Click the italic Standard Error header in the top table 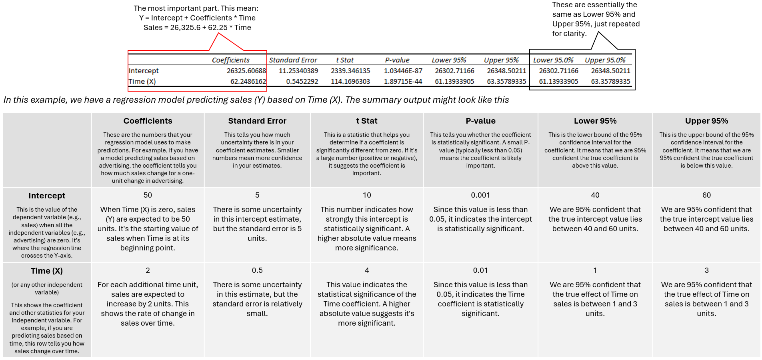[293, 60]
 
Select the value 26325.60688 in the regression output [246, 71]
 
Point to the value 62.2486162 [248, 82]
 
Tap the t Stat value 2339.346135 [350, 71]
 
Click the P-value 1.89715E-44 [403, 82]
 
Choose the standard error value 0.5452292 [302, 82]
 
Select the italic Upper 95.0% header [605, 60]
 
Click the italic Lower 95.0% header [553, 60]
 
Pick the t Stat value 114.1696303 [350, 82]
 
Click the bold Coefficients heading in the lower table [148, 121]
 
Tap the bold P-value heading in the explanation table [480, 121]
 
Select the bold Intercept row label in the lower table [47, 196]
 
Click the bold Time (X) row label [47, 271]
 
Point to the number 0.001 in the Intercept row [480, 195]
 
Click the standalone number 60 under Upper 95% [706, 195]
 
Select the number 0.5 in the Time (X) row [257, 270]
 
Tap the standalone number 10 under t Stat [367, 195]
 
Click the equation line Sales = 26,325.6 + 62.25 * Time [197, 28]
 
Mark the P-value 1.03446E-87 [403, 71]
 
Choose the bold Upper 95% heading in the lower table [706, 121]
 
